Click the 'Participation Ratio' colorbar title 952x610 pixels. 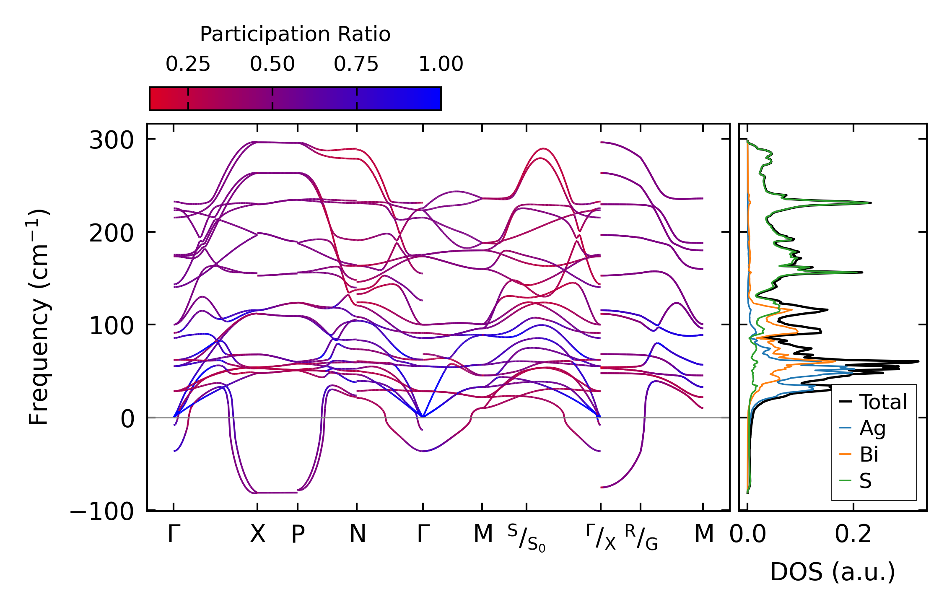point(295,34)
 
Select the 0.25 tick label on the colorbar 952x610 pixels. point(188,64)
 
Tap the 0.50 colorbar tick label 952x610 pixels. point(272,64)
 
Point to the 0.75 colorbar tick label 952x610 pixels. point(356,64)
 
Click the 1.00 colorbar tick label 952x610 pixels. point(441,64)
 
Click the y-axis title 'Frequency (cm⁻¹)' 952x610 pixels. point(39,317)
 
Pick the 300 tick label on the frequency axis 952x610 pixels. point(112,140)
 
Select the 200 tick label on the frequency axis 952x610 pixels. point(112,233)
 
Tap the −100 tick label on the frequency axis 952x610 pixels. point(102,511)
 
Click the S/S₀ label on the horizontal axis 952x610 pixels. point(527,538)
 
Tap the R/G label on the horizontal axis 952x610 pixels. point(641,537)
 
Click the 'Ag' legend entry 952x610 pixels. point(872,428)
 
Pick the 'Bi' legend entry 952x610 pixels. point(869,454)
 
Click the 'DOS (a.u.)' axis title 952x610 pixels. point(833,572)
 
